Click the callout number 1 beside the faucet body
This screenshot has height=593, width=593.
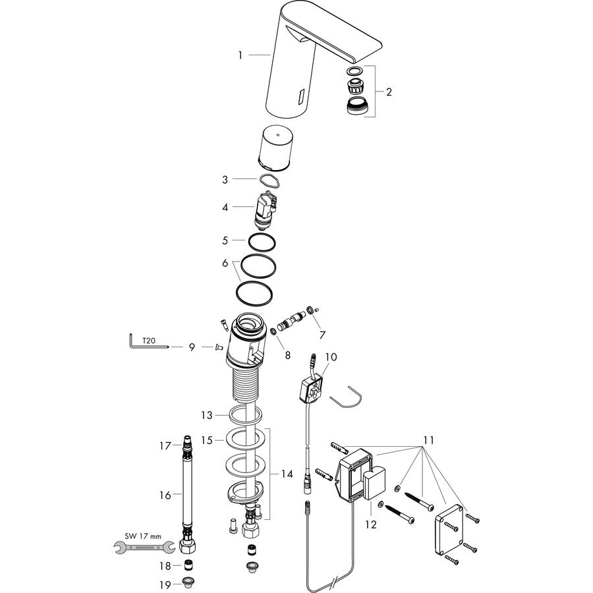240,55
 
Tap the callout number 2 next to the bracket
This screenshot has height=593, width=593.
389,92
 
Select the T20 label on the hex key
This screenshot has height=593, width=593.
149,341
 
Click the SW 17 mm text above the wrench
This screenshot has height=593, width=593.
143,536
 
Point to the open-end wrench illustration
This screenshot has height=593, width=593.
144,547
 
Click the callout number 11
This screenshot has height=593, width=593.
428,441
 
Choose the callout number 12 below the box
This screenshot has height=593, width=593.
371,524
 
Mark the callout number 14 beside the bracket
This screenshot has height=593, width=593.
287,474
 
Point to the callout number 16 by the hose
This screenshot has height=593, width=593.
165,495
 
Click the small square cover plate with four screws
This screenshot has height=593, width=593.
449,530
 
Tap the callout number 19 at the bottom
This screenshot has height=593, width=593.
165,585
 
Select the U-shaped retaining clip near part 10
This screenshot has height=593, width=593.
346,398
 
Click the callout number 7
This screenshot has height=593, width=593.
322,335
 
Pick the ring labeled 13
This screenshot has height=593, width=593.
245,415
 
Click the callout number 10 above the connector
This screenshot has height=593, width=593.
331,357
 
